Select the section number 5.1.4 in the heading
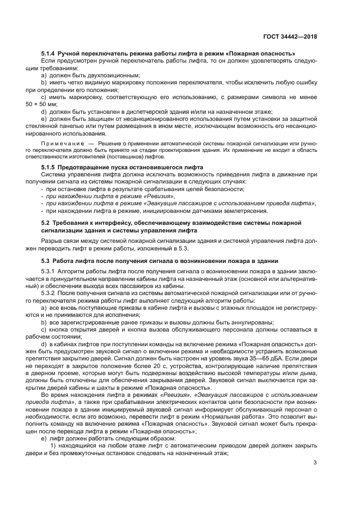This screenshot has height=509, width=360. click(x=50, y=53)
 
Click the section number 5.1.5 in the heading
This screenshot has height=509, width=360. click(x=50, y=166)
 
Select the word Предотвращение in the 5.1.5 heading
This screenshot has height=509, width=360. click(x=87, y=166)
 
